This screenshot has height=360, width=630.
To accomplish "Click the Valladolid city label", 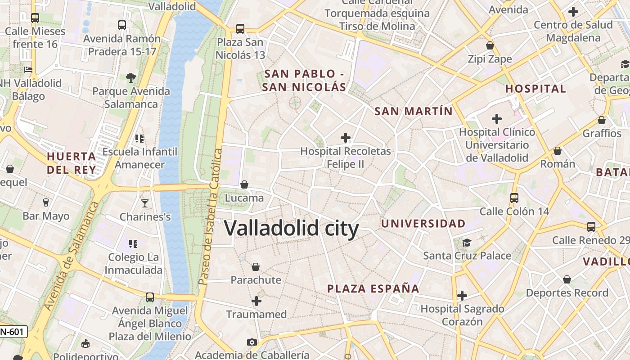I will coord(291,228).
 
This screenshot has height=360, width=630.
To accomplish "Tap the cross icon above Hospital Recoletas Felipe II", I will coord(346,137).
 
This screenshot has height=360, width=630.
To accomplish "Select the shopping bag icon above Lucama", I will coord(244,184).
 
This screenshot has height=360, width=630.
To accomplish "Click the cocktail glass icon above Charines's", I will coord(145,203).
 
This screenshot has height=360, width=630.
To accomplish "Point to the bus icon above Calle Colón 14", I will coord(514,198).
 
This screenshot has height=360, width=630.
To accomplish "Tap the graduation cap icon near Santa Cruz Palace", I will coord(467,243).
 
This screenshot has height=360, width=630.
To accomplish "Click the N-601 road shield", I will coord(13,332).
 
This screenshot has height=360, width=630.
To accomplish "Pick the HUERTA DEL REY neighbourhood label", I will coord(72,163).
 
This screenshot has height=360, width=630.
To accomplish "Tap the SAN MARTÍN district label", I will coord(414,111).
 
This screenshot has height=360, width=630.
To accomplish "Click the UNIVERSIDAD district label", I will coord(423,223).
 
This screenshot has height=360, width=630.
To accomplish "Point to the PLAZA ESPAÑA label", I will coord(373,288).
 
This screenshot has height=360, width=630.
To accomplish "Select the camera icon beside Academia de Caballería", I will coord(252,342).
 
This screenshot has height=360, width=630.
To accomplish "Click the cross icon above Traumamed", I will coord(256,301).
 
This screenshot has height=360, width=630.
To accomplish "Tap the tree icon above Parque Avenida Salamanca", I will coord(131,77).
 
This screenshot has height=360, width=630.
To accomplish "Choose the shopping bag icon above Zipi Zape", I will coord(490,45).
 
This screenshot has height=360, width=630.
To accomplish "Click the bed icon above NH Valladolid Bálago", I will coord(28,70).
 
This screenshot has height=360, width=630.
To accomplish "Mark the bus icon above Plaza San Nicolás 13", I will coord(240,29).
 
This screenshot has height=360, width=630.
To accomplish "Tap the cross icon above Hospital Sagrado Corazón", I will coord(462,296).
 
